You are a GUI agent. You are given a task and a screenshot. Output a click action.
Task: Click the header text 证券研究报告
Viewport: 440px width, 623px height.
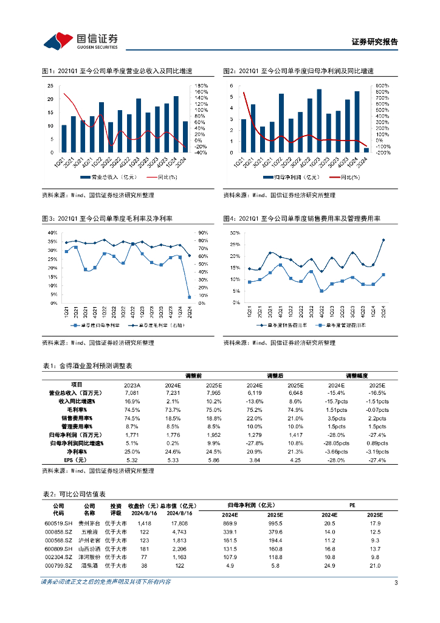pos(375,42)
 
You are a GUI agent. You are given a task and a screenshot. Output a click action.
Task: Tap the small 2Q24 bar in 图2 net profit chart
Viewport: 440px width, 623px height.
pos(366,150)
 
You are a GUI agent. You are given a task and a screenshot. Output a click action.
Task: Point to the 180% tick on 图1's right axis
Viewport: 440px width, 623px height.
pos(201,85)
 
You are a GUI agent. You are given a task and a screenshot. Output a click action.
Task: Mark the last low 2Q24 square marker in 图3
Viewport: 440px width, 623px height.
pos(190,297)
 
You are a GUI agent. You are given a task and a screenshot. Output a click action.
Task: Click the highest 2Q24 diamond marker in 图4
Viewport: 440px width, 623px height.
pos(383,240)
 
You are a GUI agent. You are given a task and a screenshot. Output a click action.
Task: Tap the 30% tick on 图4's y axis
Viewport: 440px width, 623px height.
pos(234,233)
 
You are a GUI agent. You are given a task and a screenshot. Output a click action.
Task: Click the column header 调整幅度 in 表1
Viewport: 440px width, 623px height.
pos(357,376)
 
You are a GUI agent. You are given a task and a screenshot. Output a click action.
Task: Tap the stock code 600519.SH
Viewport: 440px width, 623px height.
pos(58,523)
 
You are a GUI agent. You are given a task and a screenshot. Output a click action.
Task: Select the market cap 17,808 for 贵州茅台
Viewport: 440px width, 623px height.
pos(179,523)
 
